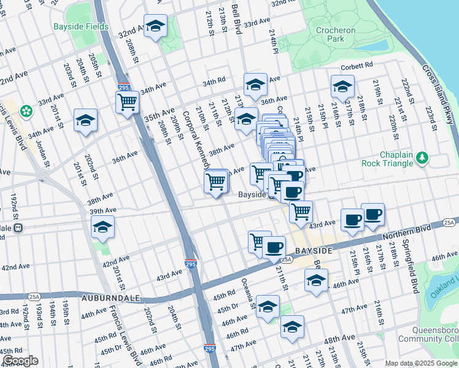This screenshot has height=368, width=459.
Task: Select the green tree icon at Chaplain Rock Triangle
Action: (x=422, y=158)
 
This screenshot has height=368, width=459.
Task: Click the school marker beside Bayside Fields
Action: (x=155, y=26)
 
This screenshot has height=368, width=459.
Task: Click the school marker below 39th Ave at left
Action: (x=103, y=228)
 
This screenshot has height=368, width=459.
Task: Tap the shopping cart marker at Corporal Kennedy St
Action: (x=215, y=182)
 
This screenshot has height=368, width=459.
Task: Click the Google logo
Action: (x=20, y=361)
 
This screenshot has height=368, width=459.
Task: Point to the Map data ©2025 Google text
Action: (x=420, y=363)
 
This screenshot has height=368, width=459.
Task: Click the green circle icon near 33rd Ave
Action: (x=26, y=112)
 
